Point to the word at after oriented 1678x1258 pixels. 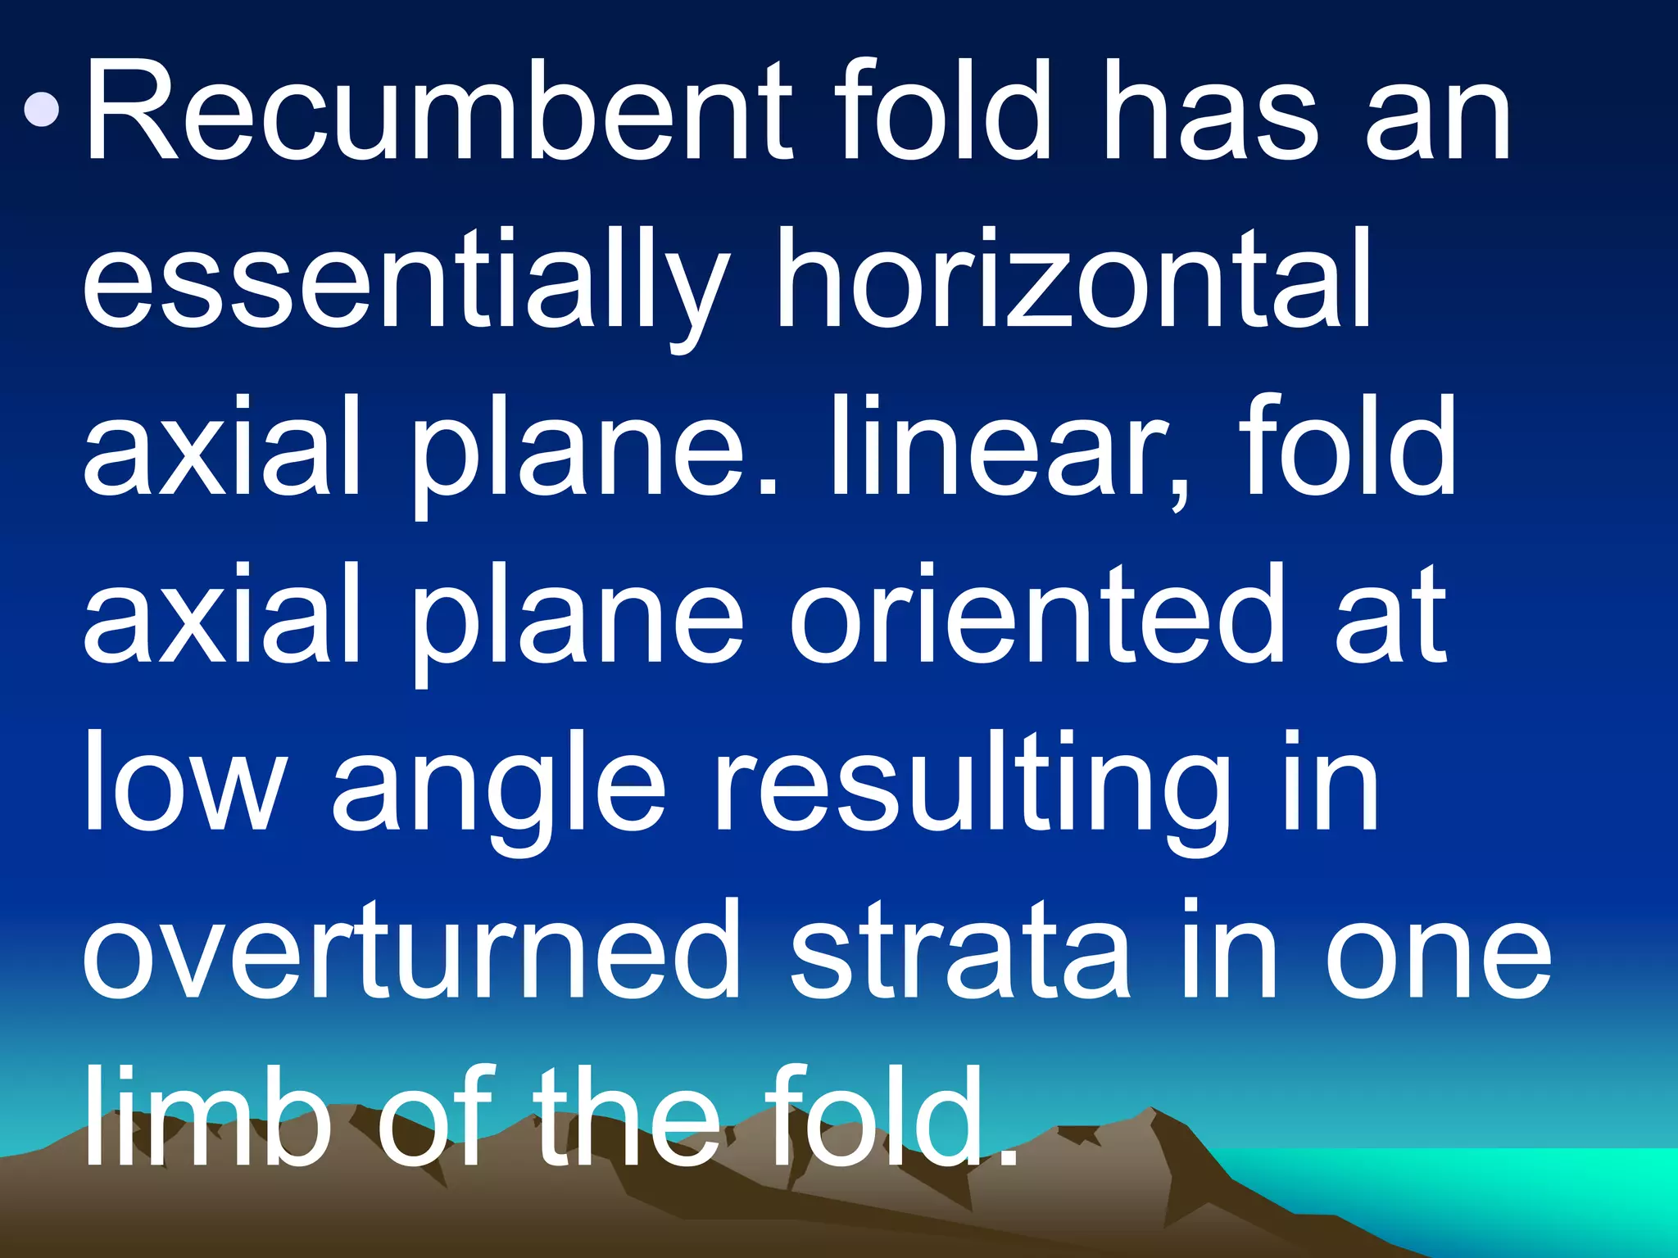(x=1392, y=619)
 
